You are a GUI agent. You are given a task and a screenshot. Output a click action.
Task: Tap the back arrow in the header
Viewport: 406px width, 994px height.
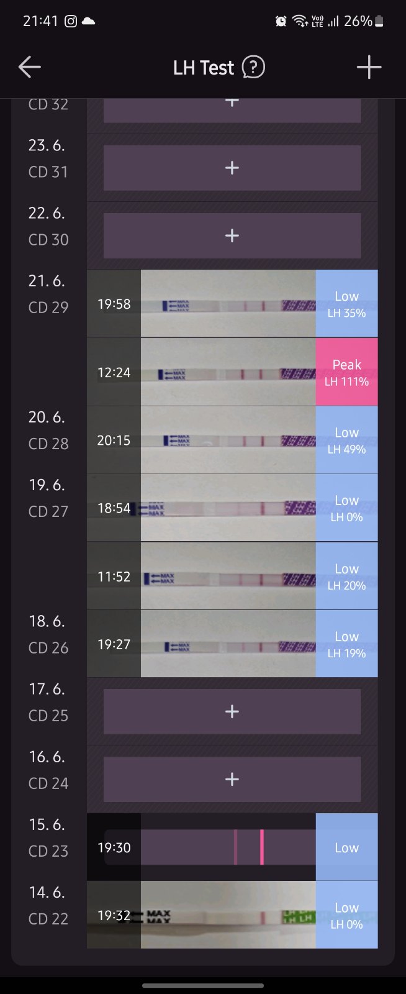point(29,67)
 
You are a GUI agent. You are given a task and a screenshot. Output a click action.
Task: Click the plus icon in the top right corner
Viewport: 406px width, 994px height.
point(369,67)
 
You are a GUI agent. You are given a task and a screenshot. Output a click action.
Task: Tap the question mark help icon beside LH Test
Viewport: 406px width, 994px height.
point(253,67)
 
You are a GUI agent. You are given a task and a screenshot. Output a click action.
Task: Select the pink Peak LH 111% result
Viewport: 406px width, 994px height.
point(346,372)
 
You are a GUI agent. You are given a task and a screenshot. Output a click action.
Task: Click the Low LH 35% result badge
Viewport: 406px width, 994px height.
point(346,304)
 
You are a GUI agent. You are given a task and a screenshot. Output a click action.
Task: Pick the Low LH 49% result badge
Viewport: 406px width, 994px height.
point(346,440)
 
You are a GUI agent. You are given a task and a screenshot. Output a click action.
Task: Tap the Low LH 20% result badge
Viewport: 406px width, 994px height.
point(346,576)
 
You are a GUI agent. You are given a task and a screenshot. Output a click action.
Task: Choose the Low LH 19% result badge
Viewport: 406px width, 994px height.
point(346,644)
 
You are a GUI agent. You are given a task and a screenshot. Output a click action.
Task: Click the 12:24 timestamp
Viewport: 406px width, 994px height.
point(114,372)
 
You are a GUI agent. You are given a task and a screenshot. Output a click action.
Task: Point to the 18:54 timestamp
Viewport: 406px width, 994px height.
point(114,508)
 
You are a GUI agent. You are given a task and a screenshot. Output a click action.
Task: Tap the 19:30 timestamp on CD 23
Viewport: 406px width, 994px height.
point(114,847)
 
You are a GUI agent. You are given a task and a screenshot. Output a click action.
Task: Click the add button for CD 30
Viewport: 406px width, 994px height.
point(232,235)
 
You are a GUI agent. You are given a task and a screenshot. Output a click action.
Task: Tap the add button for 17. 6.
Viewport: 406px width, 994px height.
point(232,711)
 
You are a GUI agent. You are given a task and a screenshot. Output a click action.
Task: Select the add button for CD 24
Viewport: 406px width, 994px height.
point(232,779)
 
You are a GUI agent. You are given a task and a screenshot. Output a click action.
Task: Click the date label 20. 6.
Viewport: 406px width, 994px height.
point(47,417)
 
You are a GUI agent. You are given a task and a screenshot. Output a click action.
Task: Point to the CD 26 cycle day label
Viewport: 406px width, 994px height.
point(48,647)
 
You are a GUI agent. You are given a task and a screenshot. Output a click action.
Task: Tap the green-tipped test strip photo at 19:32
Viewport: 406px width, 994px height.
point(228,915)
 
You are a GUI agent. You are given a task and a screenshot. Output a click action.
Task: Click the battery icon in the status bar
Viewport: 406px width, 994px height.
point(379,21)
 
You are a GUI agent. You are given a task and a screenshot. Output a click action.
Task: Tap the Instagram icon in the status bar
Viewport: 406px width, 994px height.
point(71,21)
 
